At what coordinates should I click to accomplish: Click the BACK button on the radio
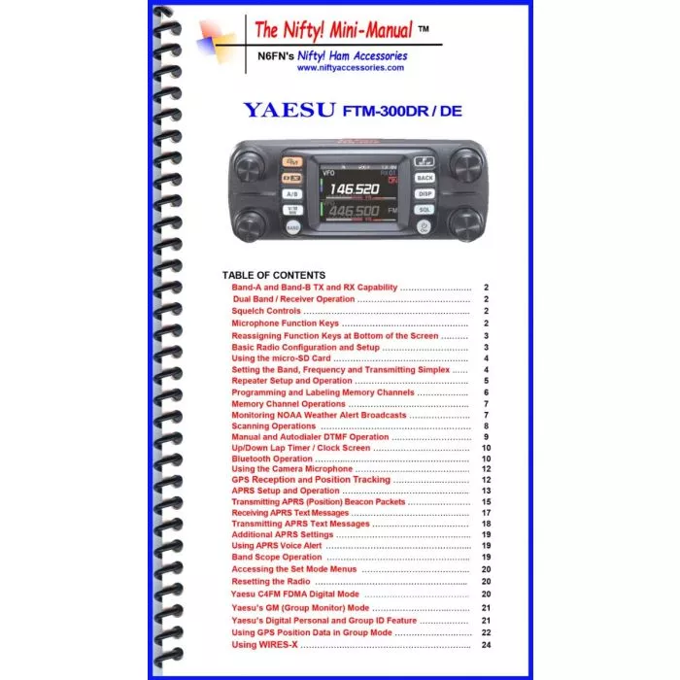(x=425, y=178)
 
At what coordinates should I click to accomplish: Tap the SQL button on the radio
(x=425, y=209)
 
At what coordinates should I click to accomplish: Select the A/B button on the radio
(x=291, y=194)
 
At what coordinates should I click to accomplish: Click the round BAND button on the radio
(x=292, y=227)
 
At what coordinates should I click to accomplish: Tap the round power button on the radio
(x=425, y=227)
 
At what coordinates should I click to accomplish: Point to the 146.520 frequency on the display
(x=354, y=188)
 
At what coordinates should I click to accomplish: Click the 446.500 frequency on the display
(x=354, y=211)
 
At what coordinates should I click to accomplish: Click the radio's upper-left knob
(x=253, y=168)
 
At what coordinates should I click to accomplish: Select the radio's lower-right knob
(x=465, y=222)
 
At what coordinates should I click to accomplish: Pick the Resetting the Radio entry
(x=271, y=581)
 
